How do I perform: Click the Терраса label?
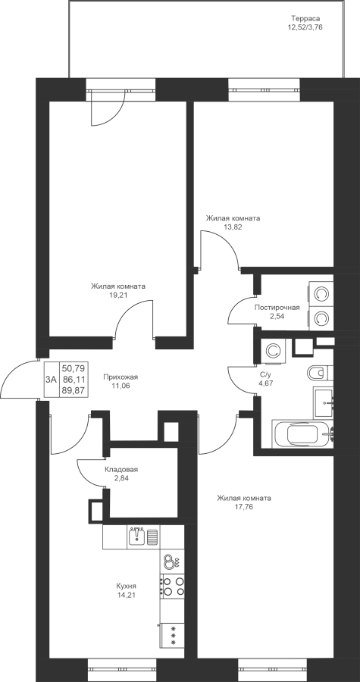tap(305, 19)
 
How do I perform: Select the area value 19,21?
tap(117, 295)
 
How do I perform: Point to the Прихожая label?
tap(117, 377)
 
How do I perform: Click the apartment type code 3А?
tap(52, 380)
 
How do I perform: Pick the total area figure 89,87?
tap(74, 390)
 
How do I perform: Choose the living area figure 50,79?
tap(74, 369)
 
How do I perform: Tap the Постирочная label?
tap(277, 308)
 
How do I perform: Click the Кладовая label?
tap(121, 470)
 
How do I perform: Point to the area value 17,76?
tap(244, 506)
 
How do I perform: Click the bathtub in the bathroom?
tap(302, 433)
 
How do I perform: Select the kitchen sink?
tap(137, 537)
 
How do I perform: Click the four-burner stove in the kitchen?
tap(172, 586)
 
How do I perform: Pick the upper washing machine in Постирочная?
tap(321, 293)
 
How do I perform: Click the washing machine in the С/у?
tap(273, 351)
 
